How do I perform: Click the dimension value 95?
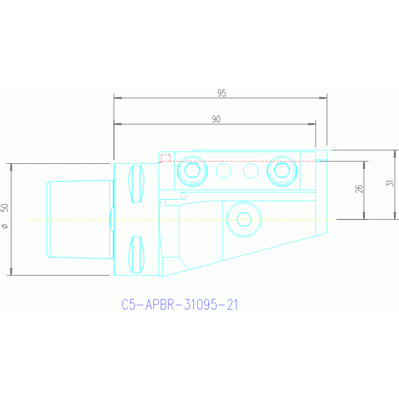[222, 93]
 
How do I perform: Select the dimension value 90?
[216, 119]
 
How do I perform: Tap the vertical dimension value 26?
[359, 189]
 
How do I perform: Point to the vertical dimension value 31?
[390, 183]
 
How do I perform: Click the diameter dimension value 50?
[5, 208]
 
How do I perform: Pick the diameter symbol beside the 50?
[5, 226]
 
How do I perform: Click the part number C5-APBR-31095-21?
[179, 304]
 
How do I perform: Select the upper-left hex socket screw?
[192, 171]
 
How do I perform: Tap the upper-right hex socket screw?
[282, 171]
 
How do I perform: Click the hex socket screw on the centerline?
[244, 220]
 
